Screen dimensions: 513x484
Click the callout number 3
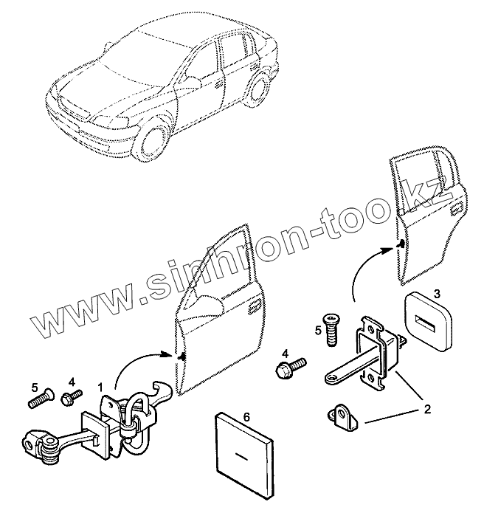(437, 295)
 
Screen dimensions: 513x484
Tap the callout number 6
(246, 418)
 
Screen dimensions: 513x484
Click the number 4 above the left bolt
(72, 382)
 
